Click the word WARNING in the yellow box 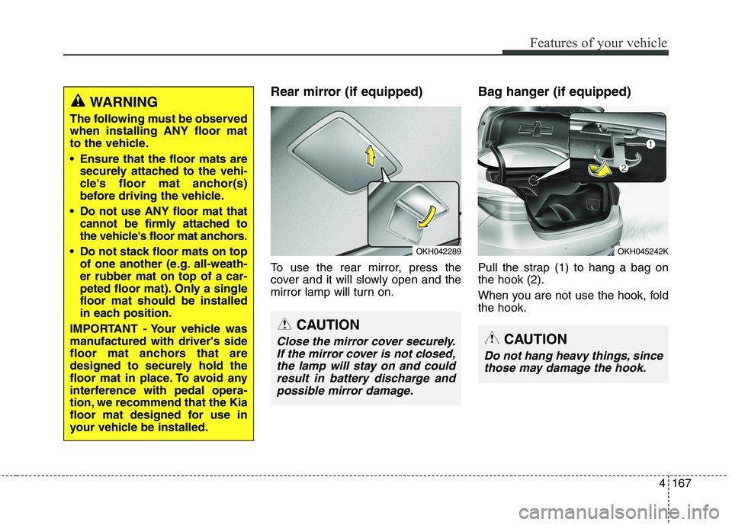click(x=124, y=101)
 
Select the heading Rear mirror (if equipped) click(x=347, y=92)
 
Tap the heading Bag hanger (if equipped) click(x=554, y=92)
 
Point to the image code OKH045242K click(x=643, y=250)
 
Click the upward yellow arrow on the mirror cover click(x=370, y=157)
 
